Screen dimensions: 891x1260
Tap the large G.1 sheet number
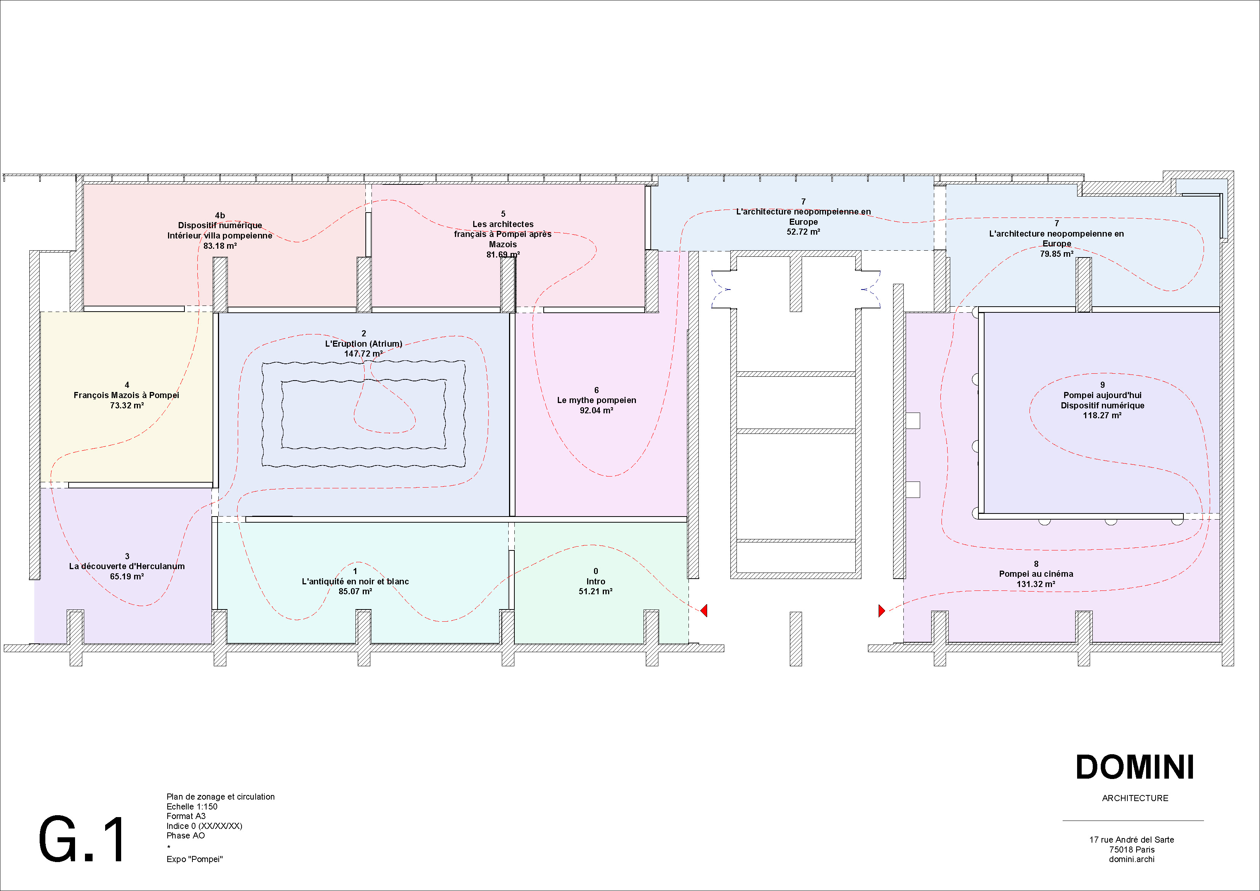pyautogui.click(x=82, y=840)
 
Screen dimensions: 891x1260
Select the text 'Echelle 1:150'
pyautogui.click(x=192, y=806)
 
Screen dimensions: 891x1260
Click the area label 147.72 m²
pyautogui.click(x=363, y=354)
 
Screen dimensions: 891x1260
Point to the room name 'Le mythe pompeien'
pyautogui.click(x=597, y=400)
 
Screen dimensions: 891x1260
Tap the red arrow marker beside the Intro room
pyautogui.click(x=704, y=610)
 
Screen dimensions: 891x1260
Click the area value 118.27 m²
pyautogui.click(x=1102, y=415)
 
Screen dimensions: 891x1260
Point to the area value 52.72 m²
pyautogui.click(x=803, y=232)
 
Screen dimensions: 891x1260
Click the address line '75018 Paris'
pyautogui.click(x=1132, y=849)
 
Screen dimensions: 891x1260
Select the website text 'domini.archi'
pyautogui.click(x=1132, y=859)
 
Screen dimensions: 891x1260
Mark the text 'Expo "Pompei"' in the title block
pyautogui.click(x=195, y=859)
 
